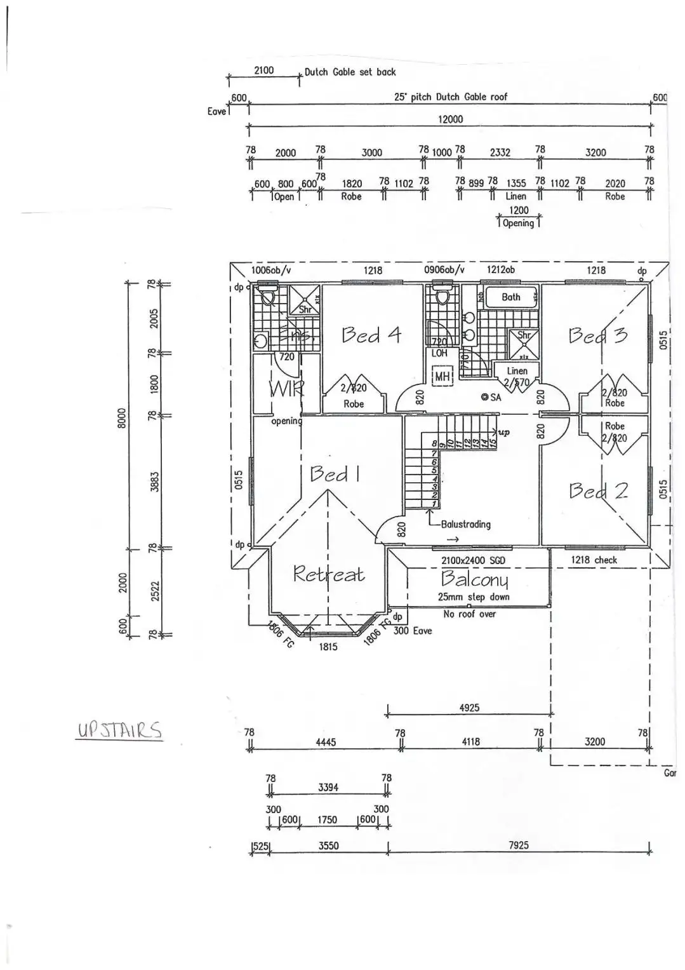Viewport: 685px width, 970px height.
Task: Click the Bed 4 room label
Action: click(x=371, y=334)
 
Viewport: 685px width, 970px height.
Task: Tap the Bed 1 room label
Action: click(x=335, y=473)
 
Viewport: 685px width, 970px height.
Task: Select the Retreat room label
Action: click(x=328, y=574)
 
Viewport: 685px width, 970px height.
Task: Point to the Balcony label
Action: click(x=474, y=578)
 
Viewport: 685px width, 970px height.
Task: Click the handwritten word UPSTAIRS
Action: click(x=119, y=730)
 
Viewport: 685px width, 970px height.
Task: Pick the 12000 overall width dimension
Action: click(x=450, y=119)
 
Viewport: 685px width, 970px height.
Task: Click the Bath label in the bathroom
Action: click(x=510, y=297)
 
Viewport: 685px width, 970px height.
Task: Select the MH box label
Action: click(x=442, y=376)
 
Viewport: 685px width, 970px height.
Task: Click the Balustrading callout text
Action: click(x=465, y=524)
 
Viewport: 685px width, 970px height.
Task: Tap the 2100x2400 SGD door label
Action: click(x=473, y=560)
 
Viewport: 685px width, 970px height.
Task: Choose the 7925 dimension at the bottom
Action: click(x=518, y=845)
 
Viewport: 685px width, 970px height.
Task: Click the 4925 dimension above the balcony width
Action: click(x=469, y=708)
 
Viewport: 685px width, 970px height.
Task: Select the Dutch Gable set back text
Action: click(x=350, y=72)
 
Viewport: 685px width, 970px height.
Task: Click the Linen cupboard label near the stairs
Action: click(x=517, y=371)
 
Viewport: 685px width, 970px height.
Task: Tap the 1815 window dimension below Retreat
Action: click(x=328, y=647)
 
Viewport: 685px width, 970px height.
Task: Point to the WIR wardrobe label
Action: click(x=286, y=389)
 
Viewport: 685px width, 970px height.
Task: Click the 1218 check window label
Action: click(x=594, y=560)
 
